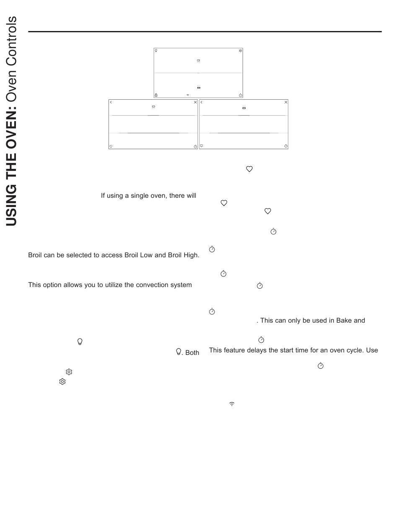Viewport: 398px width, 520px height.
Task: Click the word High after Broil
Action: pyautogui.click(x=191, y=255)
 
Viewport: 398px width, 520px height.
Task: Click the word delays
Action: pyautogui.click(x=255, y=350)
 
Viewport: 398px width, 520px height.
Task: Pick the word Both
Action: pyautogui.click(x=192, y=353)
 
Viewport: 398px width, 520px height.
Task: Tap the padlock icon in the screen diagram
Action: pyautogui.click(x=156, y=95)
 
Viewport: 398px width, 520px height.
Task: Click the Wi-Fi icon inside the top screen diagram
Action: pyautogui.click(x=188, y=95)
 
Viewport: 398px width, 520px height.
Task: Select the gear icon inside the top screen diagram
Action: pyautogui.click(x=240, y=51)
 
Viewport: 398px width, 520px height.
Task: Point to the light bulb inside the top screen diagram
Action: pyautogui.click(x=156, y=51)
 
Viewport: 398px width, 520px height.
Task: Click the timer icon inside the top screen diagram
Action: pyautogui.click(x=240, y=95)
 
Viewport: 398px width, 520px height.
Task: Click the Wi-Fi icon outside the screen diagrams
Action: pyautogui.click(x=232, y=404)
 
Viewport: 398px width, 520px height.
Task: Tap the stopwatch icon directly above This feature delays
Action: pyautogui.click(x=261, y=340)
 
